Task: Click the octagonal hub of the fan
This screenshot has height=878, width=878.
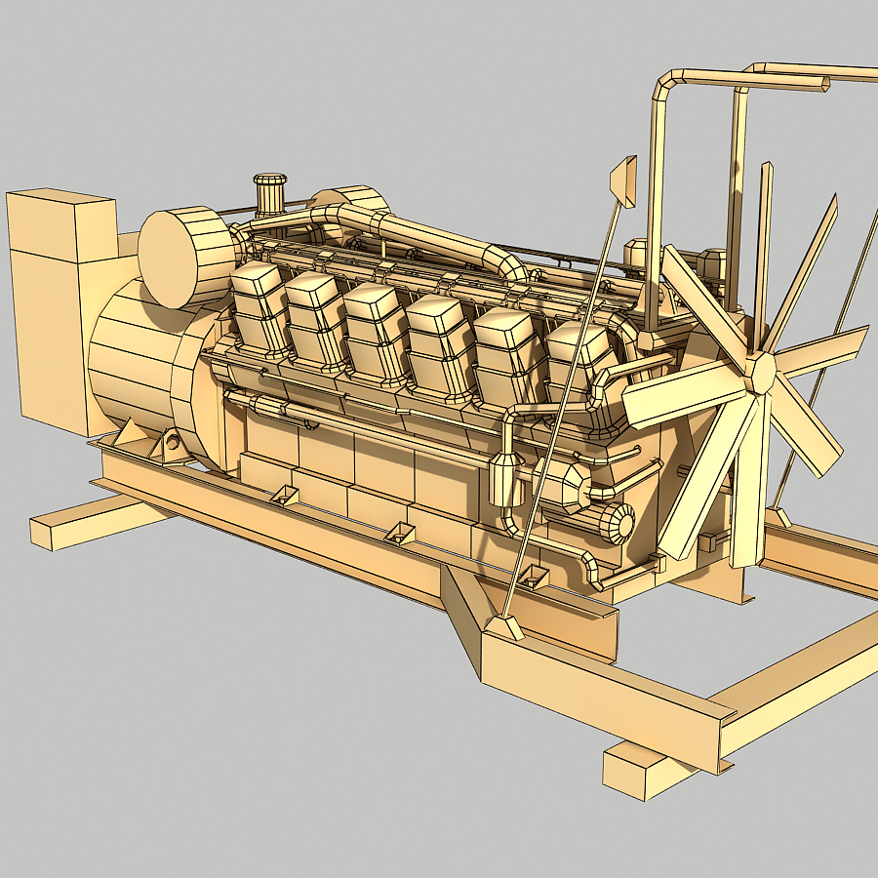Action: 760,372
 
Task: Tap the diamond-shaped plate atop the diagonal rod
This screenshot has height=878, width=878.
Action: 623,181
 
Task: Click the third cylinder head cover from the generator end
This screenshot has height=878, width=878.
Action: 376,329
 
